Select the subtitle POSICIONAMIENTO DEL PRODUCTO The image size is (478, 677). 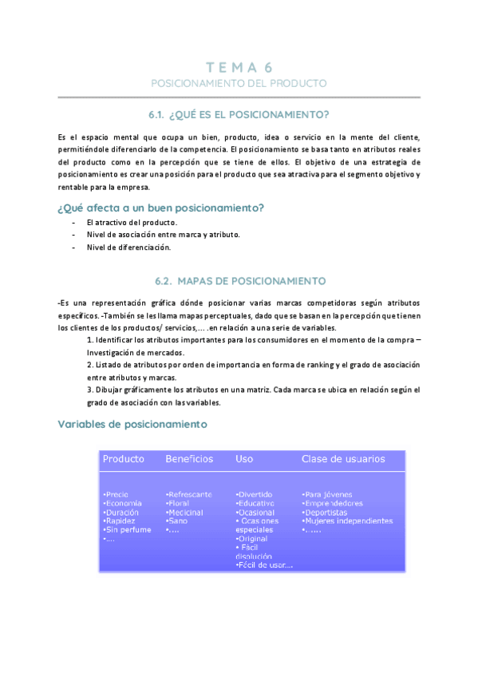[x=239, y=83]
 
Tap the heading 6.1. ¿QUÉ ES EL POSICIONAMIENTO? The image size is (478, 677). [x=239, y=114]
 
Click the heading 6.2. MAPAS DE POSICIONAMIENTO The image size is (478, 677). [x=239, y=281]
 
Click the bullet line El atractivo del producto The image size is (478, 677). [x=132, y=222]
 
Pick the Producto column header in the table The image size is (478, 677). [x=124, y=459]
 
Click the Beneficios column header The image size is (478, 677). [x=189, y=459]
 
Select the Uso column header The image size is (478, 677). [x=244, y=459]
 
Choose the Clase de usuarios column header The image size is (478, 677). [x=343, y=459]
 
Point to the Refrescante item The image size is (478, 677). [x=189, y=494]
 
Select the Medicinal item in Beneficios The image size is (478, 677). [x=185, y=512]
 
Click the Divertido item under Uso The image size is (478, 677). [x=255, y=494]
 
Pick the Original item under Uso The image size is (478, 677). [x=255, y=539]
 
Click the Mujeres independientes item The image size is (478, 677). [x=348, y=521]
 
